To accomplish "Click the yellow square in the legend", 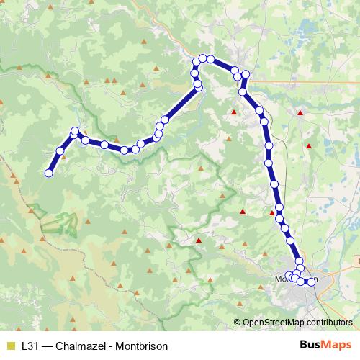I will coord(10,345).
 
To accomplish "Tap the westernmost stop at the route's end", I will coord(49,173).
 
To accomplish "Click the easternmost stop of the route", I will coord(312,281).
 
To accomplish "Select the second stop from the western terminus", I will coord(60,150).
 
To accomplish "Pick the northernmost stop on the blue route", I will coord(204,58).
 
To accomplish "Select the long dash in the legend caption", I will coord(48,345).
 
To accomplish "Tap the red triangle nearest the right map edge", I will coord(309,146).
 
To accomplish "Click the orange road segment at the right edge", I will coord(356,260).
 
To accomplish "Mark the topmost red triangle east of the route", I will coord(300,112).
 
